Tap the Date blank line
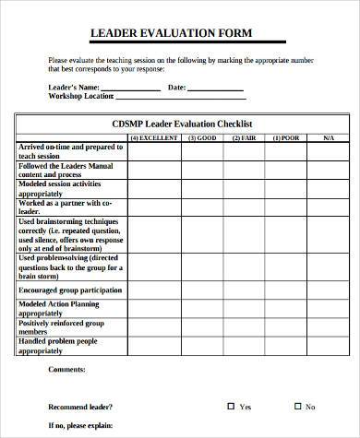216,88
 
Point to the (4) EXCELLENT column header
152,137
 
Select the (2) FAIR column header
244,137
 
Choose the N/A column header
328,137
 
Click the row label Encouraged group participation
70,290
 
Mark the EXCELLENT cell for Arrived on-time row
152,150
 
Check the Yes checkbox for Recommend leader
231,406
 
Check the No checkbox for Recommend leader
297,406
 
